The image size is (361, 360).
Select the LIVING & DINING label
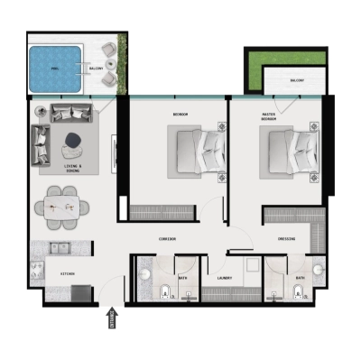73,168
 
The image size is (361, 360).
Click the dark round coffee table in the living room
72,140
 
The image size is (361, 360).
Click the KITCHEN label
68,272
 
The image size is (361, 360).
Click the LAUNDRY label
226,278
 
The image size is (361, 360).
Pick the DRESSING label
286,239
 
